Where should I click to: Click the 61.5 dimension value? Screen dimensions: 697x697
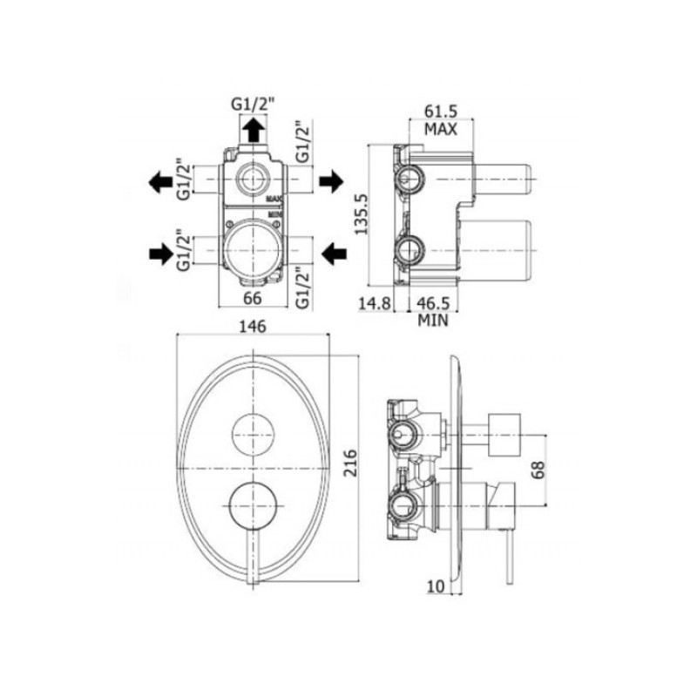(x=441, y=112)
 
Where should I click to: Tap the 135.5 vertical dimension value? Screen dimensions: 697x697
(x=361, y=214)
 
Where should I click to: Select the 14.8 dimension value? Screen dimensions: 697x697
(x=375, y=303)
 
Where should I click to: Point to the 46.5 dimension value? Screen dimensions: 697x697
(x=433, y=303)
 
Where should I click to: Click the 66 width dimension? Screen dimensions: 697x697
(x=253, y=298)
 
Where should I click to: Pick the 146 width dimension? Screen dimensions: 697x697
(x=253, y=327)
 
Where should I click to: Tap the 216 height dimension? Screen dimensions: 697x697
(x=351, y=464)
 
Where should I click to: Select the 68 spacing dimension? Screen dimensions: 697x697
(x=538, y=470)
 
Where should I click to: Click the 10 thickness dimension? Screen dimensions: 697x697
(x=436, y=586)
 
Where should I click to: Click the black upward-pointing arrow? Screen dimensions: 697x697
(x=254, y=130)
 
